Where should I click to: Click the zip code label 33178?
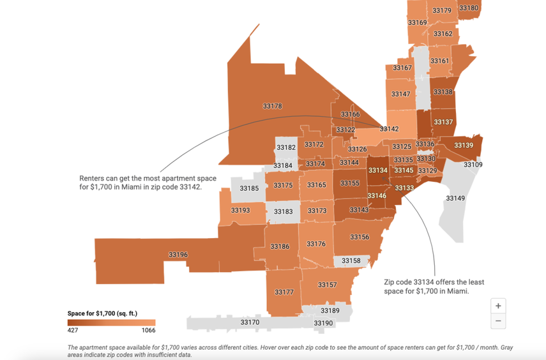(272, 106)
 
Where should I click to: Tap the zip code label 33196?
(178, 255)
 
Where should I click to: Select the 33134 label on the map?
(377, 170)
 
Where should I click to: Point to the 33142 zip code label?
(389, 129)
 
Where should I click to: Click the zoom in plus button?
(498, 306)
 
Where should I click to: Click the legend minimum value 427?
(73, 331)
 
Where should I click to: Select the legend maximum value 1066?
(148, 331)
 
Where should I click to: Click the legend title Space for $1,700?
(102, 313)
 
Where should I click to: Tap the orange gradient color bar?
(111, 323)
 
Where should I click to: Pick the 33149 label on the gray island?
(455, 199)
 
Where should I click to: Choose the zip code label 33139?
(464, 146)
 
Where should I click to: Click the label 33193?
(240, 210)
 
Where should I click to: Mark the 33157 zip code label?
(327, 285)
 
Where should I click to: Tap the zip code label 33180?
(469, 8)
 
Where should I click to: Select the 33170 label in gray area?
(250, 322)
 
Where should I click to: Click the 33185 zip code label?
(249, 188)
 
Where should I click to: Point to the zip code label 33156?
(360, 237)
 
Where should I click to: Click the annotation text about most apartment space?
(148, 183)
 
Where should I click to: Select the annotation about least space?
(434, 286)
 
